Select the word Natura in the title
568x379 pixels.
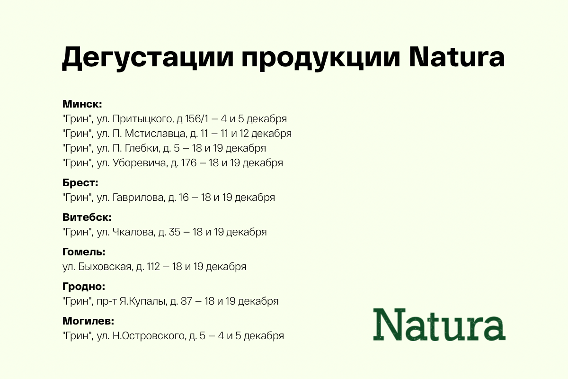457,58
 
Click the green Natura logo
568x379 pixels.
439,325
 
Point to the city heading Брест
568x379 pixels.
80,183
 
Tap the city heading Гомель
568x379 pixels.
84,252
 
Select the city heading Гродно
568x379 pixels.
84,287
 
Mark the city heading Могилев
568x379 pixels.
89,321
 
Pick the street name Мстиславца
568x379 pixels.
154,134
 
